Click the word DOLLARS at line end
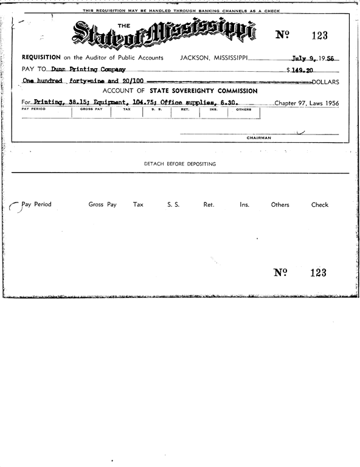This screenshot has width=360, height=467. pos(325,81)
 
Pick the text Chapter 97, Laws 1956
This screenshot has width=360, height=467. pos(306,103)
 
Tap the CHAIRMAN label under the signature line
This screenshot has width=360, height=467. pos(258,138)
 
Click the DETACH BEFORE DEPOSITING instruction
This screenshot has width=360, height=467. pos(180,164)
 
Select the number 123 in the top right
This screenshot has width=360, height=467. pos(319,35)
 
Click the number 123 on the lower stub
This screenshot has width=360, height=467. pos(318,273)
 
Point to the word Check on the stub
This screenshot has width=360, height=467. pos(320,205)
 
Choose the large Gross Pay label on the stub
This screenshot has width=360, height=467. pos(102,205)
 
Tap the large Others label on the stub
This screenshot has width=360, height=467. pos(280,205)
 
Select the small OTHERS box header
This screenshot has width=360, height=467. pos(244,109)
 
